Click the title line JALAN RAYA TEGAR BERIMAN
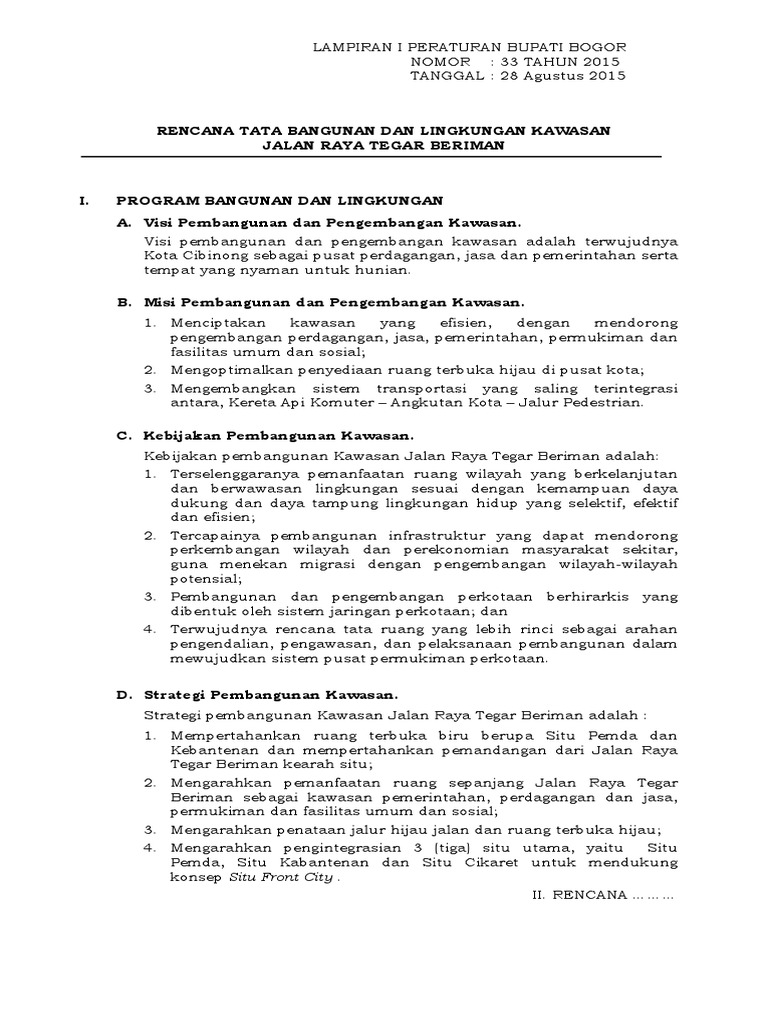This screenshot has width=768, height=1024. [x=384, y=145]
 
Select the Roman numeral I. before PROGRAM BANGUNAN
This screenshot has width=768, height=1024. [x=85, y=202]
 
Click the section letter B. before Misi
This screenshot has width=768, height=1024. [x=124, y=301]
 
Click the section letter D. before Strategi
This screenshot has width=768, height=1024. [x=124, y=693]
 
